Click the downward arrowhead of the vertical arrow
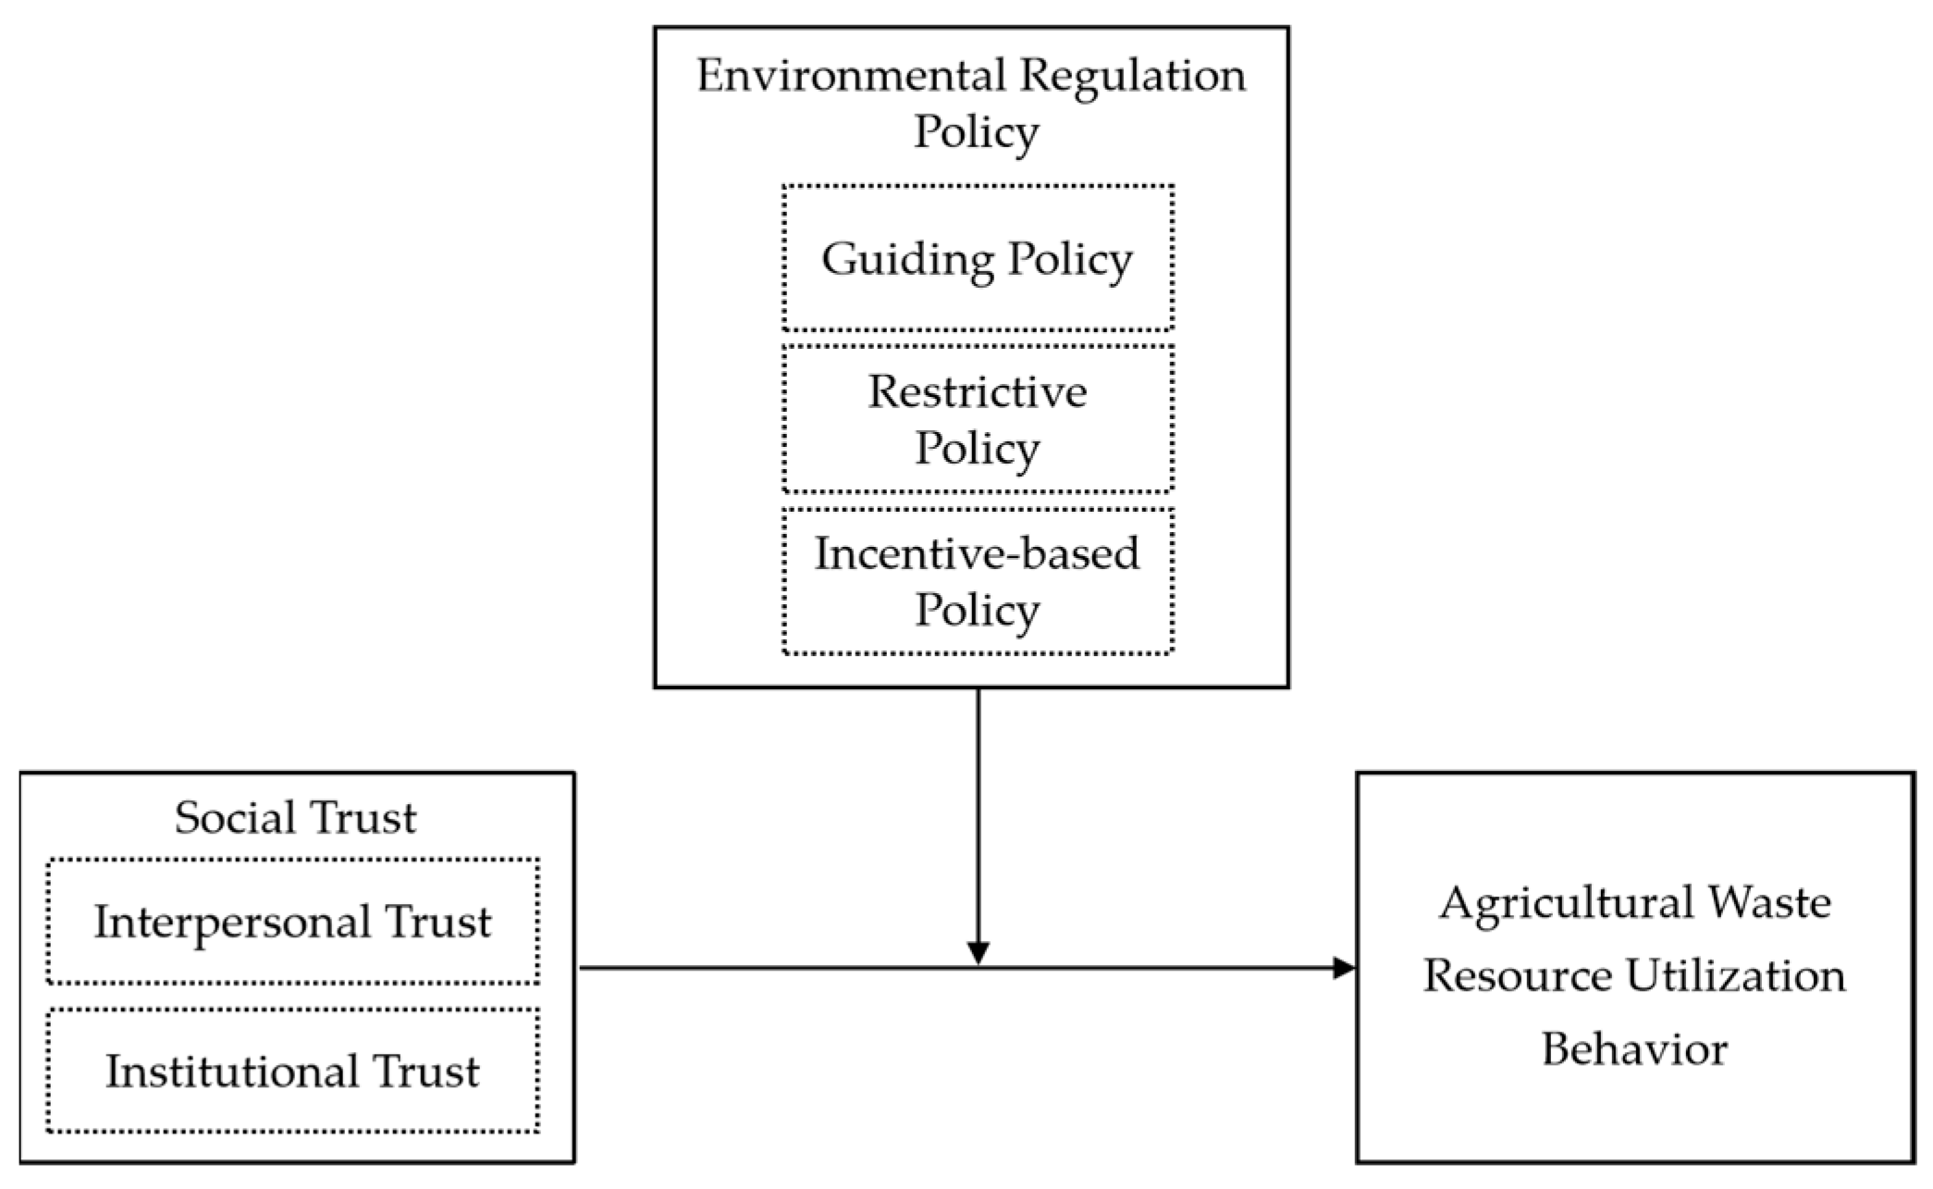(x=978, y=953)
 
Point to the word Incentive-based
(x=977, y=554)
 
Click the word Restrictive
(x=977, y=392)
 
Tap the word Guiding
(x=906, y=259)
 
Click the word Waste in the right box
(x=1768, y=903)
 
